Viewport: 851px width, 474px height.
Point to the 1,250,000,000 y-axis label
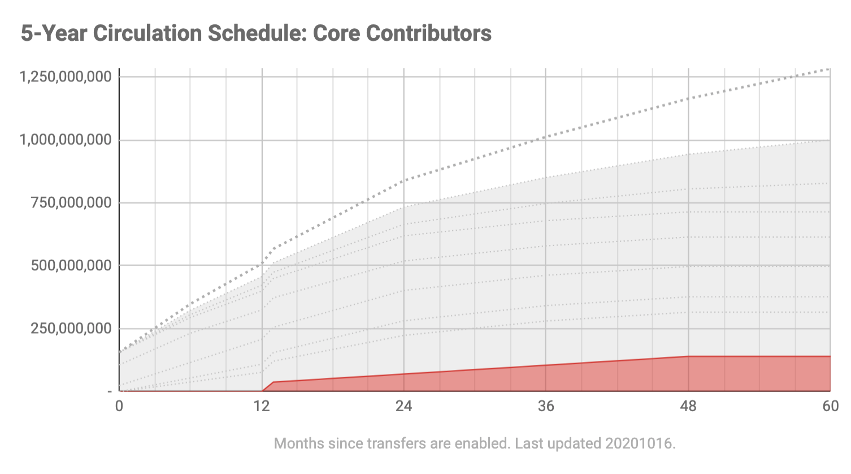pos(66,76)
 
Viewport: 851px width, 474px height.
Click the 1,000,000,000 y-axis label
pos(66,140)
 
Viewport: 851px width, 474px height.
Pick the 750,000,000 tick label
pos(71,202)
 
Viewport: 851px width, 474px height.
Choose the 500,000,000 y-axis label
pos(71,265)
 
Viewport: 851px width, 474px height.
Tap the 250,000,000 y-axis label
pos(71,328)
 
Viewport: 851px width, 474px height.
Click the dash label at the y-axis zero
pos(110,391)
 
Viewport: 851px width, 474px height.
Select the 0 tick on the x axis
pos(119,406)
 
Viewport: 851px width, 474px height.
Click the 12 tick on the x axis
pos(262,406)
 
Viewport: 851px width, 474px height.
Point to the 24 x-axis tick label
pos(403,406)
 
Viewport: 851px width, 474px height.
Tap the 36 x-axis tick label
pos(546,406)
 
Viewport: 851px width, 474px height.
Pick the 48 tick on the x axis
pos(688,406)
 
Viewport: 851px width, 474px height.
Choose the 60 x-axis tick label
pos(830,406)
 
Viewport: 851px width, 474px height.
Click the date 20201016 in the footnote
pos(640,443)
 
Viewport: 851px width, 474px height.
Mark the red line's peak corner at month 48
pos(688,356)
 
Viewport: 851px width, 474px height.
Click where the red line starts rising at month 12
pos(263,391)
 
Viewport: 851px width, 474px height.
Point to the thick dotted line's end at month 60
pos(830,69)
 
